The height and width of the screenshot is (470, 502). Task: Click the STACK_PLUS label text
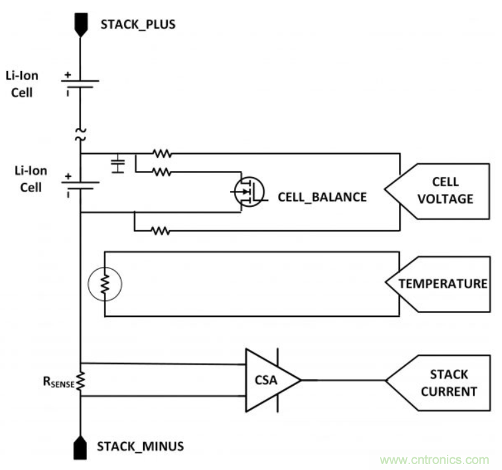point(137,25)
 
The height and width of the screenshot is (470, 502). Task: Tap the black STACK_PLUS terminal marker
point(80,25)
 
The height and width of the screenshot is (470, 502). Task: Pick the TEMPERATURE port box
point(438,284)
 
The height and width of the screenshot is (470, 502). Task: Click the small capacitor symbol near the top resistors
point(117,164)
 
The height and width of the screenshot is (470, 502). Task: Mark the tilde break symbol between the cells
point(80,135)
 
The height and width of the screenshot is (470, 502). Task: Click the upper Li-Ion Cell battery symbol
point(80,83)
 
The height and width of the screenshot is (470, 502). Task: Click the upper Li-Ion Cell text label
point(27,85)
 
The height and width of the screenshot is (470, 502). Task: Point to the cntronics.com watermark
point(434,459)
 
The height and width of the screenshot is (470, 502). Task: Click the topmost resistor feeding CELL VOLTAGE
point(161,154)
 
